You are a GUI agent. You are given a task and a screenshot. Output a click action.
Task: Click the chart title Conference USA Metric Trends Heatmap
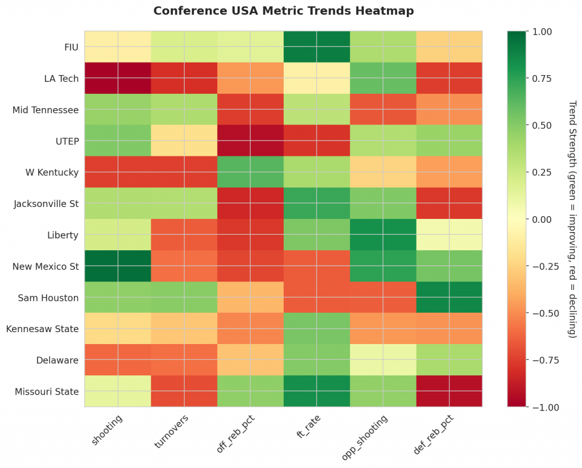coord(283,11)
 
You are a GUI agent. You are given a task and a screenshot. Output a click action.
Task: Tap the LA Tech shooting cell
coord(118,78)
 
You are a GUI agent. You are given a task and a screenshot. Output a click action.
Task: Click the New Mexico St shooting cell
coord(118,266)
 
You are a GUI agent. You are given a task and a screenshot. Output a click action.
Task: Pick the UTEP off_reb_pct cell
coord(250,140)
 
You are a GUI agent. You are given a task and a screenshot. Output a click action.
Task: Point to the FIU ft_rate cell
coord(317,47)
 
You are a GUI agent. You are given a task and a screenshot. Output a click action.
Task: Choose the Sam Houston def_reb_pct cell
coord(449,297)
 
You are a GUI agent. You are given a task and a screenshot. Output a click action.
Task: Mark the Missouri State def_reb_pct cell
coord(449,391)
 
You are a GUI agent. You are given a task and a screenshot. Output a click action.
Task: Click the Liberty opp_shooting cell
coord(383,234)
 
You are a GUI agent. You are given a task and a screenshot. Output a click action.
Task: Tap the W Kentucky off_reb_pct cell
coord(250,172)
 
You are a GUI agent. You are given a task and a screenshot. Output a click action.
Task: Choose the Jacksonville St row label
coord(46,203)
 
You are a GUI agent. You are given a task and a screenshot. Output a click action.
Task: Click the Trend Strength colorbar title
coord(572,219)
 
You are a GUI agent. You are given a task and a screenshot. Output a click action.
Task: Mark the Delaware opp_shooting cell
coord(383,359)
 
